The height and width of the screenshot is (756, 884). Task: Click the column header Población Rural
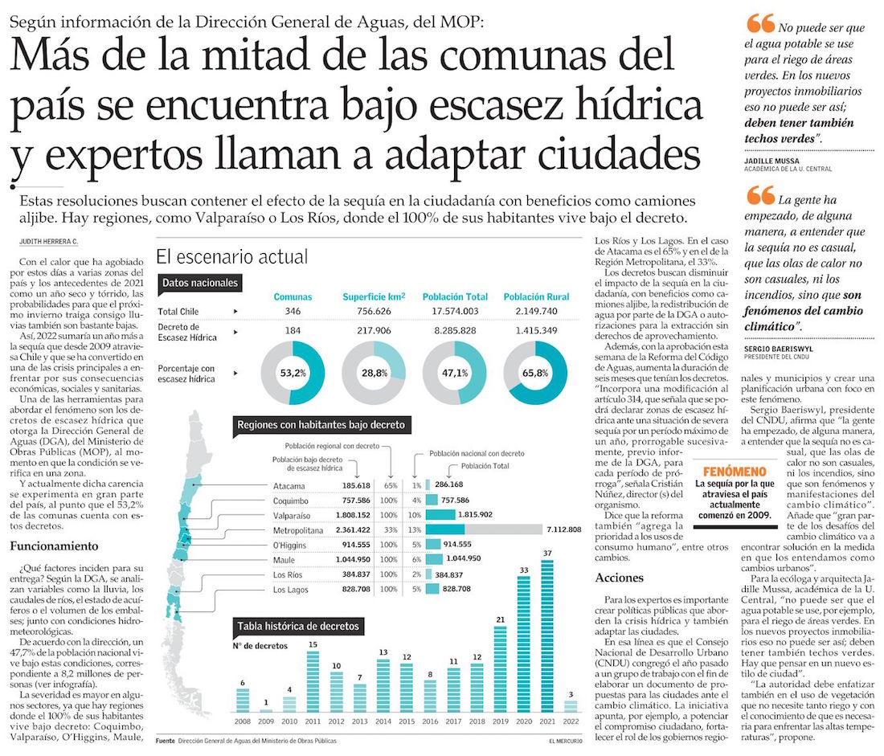tap(536, 296)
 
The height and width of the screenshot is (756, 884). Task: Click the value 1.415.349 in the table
tap(536, 331)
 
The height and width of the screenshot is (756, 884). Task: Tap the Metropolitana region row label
tap(299, 530)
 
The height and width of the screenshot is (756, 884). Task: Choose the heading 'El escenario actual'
tap(231, 257)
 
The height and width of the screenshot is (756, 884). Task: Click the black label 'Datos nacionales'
tap(200, 283)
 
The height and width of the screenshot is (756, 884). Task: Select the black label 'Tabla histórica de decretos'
tap(297, 627)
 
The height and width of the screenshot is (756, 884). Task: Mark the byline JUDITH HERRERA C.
tap(47, 242)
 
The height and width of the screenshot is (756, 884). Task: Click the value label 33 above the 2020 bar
tap(524, 570)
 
